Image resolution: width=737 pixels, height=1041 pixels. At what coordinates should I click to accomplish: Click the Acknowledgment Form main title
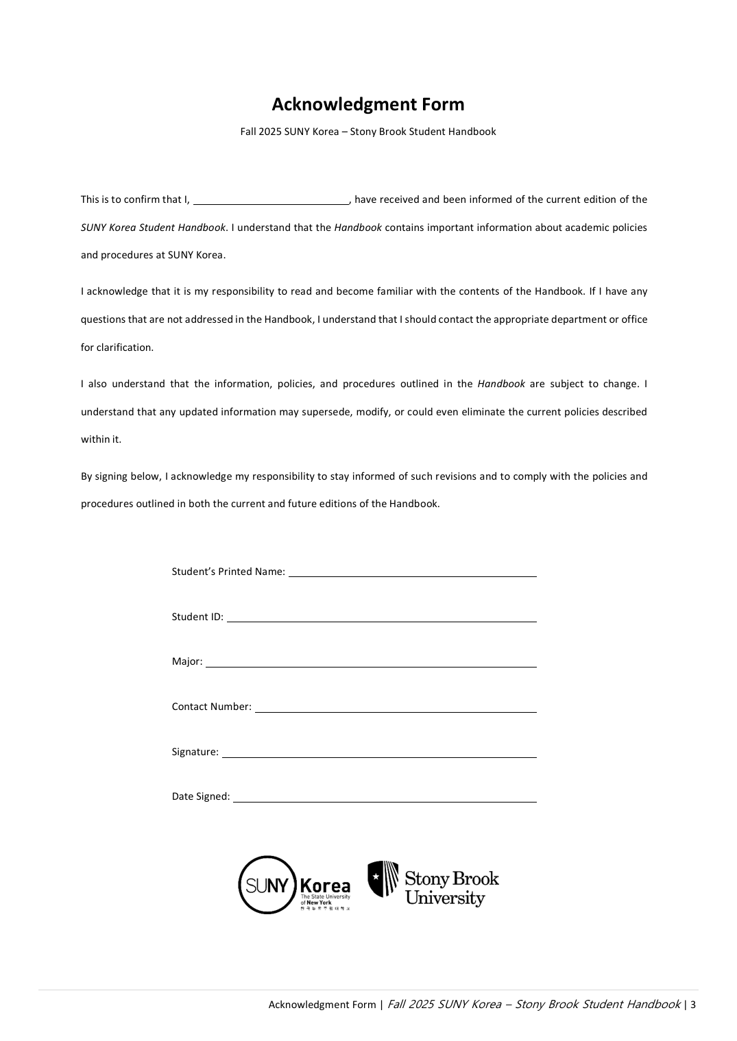[368, 104]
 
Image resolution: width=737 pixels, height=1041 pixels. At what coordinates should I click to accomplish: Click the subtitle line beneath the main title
[368, 132]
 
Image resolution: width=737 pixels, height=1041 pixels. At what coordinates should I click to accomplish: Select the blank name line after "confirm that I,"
[271, 200]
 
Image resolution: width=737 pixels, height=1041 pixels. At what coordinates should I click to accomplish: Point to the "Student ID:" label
[197, 617]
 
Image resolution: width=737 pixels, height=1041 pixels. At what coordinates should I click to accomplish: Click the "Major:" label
[187, 662]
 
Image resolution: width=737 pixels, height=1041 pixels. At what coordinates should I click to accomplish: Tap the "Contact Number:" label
[212, 707]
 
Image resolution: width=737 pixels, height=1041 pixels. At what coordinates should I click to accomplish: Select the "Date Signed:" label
[201, 796]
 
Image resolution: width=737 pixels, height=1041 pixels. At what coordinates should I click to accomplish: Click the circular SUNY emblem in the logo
[267, 885]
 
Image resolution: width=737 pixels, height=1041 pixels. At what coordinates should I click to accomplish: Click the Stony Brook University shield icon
[383, 879]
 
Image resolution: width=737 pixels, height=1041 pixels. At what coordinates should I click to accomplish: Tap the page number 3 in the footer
[693, 1005]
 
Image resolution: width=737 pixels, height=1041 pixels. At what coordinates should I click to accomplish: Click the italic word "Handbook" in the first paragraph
[358, 228]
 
